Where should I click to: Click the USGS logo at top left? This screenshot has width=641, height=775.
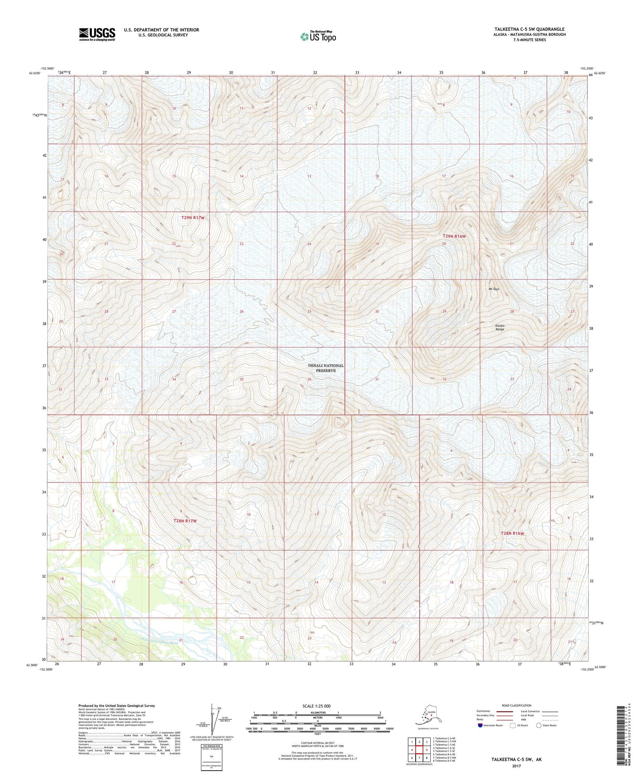pyautogui.click(x=97, y=34)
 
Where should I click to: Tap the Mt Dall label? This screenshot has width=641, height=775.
pyautogui.click(x=494, y=289)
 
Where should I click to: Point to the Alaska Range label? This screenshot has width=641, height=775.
pyautogui.click(x=499, y=328)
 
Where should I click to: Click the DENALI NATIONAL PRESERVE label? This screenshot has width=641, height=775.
pyautogui.click(x=326, y=368)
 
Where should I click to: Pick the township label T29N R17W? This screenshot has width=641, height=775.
pyautogui.click(x=193, y=218)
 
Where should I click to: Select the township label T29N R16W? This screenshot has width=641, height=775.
pyautogui.click(x=454, y=237)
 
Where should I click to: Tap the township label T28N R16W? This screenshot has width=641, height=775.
pyautogui.click(x=512, y=534)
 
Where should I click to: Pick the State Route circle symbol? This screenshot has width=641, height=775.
pyautogui.click(x=539, y=725)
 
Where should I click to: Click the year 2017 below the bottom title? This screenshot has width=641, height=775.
pyautogui.click(x=516, y=766)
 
